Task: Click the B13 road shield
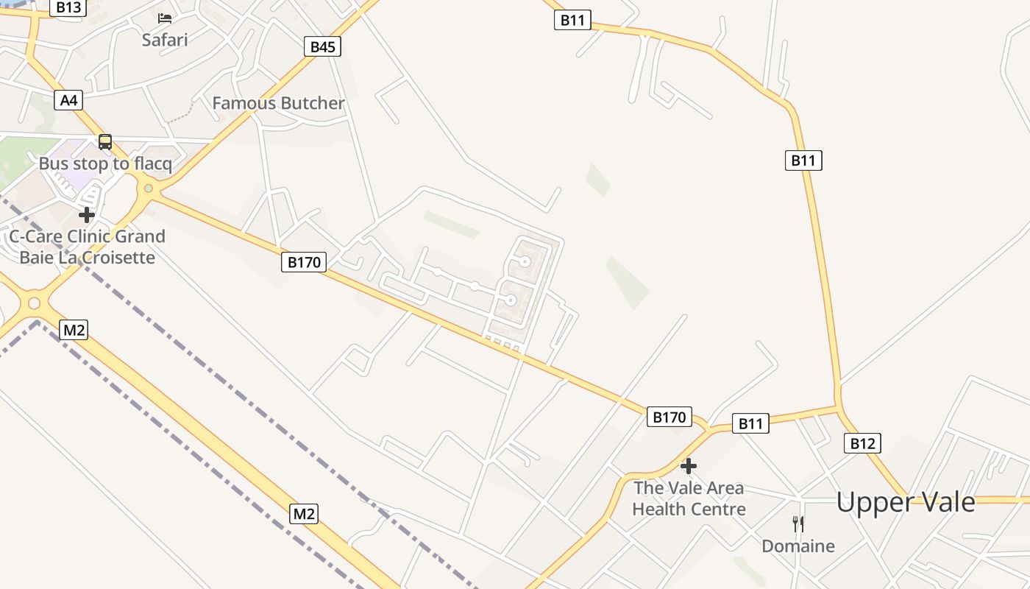pyautogui.click(x=68, y=8)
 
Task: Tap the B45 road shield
pyautogui.click(x=322, y=47)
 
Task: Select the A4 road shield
pyautogui.click(x=68, y=100)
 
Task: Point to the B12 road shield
pyautogui.click(x=862, y=443)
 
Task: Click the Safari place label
pyautogui.click(x=165, y=40)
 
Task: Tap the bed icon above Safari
pyautogui.click(x=165, y=18)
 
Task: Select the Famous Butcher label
pyautogui.click(x=278, y=103)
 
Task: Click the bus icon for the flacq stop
pyautogui.click(x=105, y=142)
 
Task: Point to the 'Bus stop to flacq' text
pyautogui.click(x=105, y=163)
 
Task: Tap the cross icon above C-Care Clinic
pyautogui.click(x=87, y=215)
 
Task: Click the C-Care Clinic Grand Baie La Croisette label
pyautogui.click(x=87, y=247)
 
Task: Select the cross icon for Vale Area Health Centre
pyautogui.click(x=689, y=466)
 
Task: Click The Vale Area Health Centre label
pyautogui.click(x=689, y=498)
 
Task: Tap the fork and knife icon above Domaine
pyautogui.click(x=798, y=524)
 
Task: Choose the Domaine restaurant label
pyautogui.click(x=798, y=546)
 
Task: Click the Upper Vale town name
pyautogui.click(x=906, y=502)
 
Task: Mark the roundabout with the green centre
pyautogui.click(x=149, y=188)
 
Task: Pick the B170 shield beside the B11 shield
pyautogui.click(x=669, y=417)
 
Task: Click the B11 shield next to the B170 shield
pyautogui.click(x=750, y=423)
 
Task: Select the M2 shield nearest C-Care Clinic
pyautogui.click(x=74, y=330)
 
